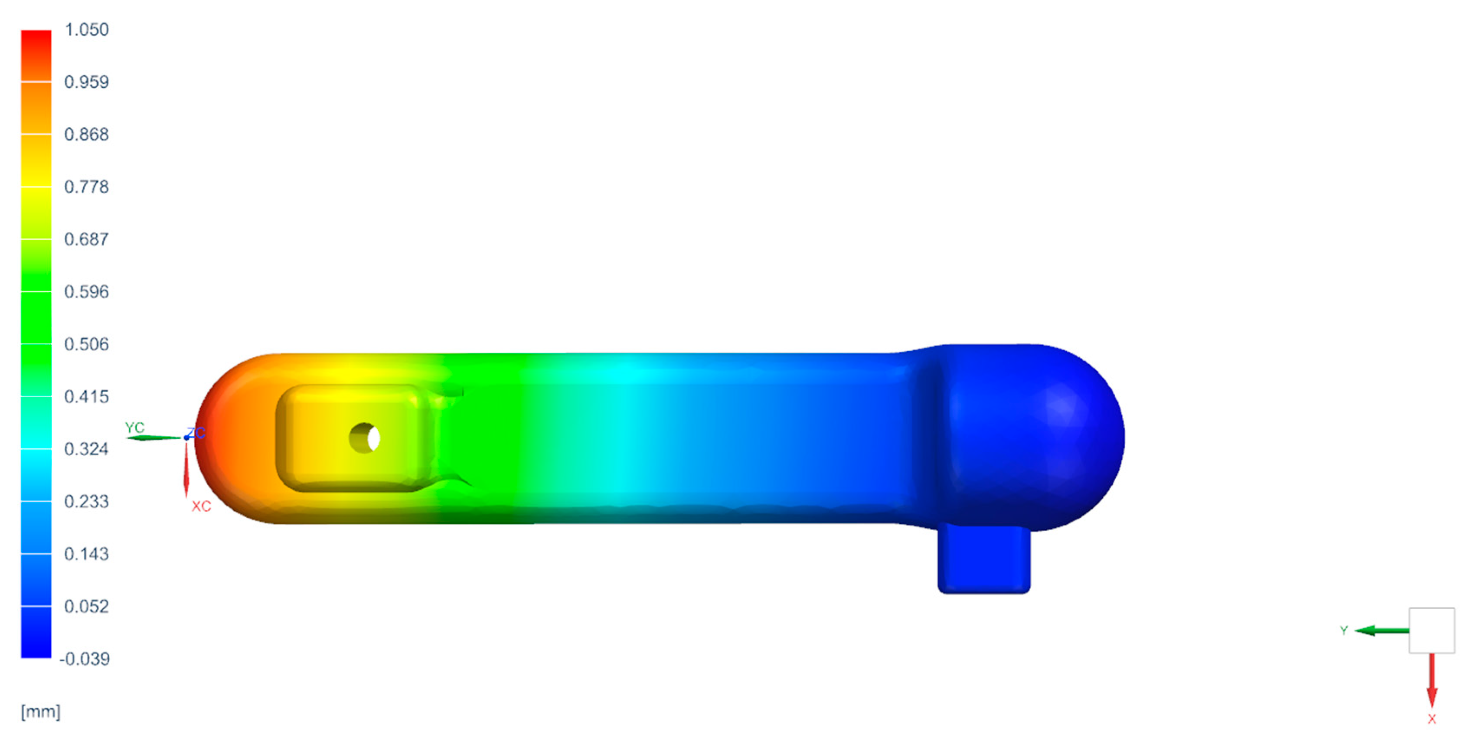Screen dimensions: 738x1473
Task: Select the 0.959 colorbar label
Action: (86, 82)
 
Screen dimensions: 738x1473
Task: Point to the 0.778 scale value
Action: (86, 186)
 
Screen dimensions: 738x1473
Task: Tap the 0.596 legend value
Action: (86, 291)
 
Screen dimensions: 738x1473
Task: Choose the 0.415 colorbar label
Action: (86, 396)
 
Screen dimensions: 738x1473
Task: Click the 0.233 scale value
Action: (86, 501)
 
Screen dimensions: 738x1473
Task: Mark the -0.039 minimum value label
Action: (85, 659)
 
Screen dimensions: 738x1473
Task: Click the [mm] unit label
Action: (41, 711)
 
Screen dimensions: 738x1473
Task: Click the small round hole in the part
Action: (364, 438)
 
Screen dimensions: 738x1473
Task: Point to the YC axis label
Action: (135, 427)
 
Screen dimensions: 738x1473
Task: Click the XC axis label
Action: (201, 506)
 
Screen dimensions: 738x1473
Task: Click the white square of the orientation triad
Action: (1431, 630)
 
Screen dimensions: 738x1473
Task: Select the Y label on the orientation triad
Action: (1344, 630)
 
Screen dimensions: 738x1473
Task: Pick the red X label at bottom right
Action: (1432, 719)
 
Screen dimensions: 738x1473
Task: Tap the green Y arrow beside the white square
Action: (1381, 630)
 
